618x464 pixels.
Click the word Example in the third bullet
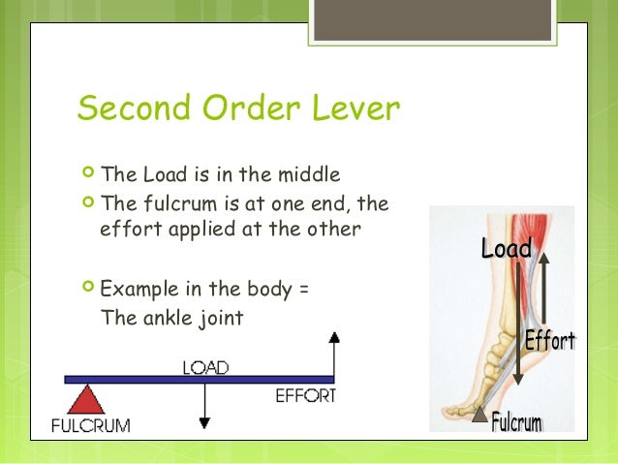pos(137,289)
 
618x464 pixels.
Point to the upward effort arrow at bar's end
pos(334,354)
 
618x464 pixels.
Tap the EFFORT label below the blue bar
pos(306,395)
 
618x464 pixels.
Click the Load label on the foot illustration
pos(506,249)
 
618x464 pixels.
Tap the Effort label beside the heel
pos(549,341)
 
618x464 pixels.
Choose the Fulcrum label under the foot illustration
pos(516,422)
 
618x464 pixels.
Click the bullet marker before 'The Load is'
pos(89,175)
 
